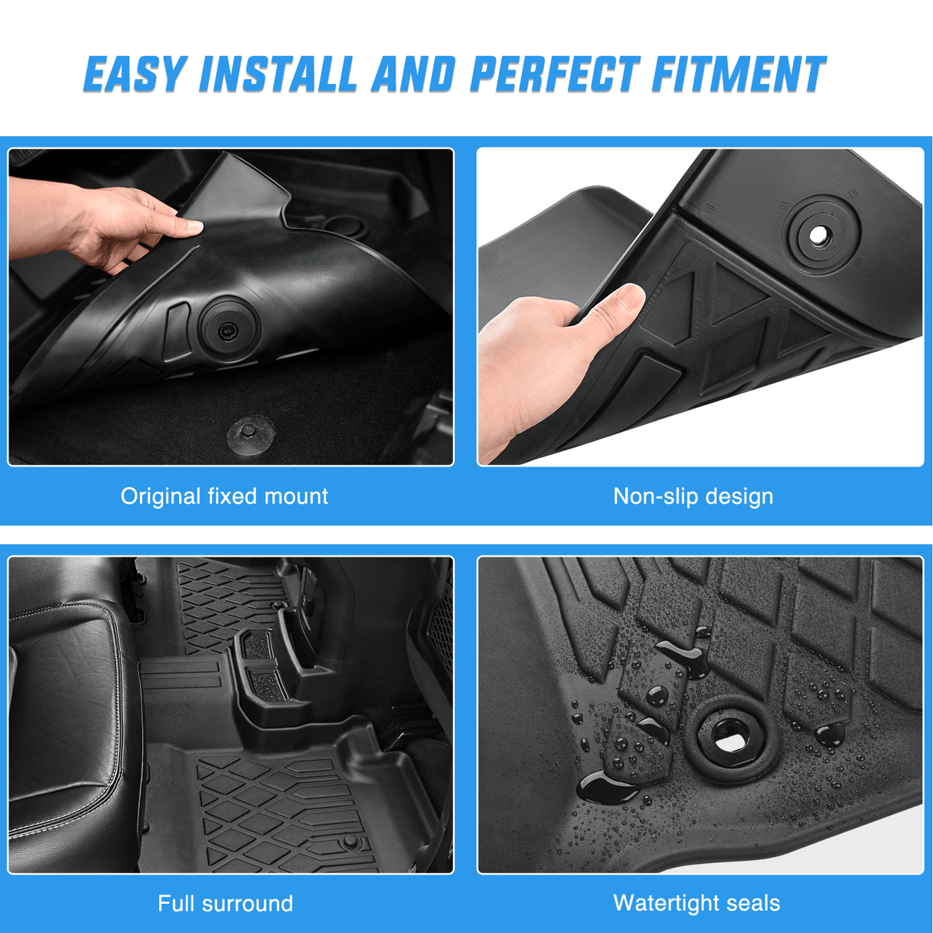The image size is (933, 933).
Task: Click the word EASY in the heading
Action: click(x=134, y=75)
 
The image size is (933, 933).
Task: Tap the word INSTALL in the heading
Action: click(x=278, y=75)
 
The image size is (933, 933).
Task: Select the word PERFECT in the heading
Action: click(x=553, y=75)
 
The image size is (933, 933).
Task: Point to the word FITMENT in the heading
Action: click(x=739, y=75)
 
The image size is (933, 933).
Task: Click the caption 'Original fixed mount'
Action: click(x=224, y=496)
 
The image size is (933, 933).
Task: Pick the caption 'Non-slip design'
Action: click(x=693, y=496)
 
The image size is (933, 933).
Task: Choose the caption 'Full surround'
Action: click(x=225, y=903)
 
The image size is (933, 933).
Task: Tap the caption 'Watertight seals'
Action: click(x=696, y=903)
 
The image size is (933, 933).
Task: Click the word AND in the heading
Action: click(x=413, y=75)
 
